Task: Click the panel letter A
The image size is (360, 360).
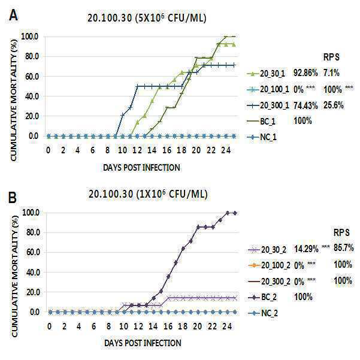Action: pyautogui.click(x=13, y=16)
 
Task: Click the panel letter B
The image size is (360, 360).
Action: pyautogui.click(x=13, y=198)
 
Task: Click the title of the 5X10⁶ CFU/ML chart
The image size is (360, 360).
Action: pyautogui.click(x=147, y=18)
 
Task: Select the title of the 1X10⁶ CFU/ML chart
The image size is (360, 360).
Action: pyautogui.click(x=148, y=194)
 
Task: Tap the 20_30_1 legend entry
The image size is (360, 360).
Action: pyautogui.click(x=266, y=74)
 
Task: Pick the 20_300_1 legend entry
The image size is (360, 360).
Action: pyautogui.click(x=268, y=105)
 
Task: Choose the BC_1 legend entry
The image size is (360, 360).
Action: pyautogui.click(x=261, y=121)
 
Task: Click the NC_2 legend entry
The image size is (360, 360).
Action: pyautogui.click(x=263, y=313)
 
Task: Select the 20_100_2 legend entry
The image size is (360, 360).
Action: pyautogui.click(x=270, y=265)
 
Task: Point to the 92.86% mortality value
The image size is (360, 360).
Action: pyautogui.click(x=305, y=73)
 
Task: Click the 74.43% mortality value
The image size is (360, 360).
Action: pyautogui.click(x=305, y=105)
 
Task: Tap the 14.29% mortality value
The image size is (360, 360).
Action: pyautogui.click(x=306, y=249)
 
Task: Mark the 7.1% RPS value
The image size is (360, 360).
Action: pyautogui.click(x=331, y=73)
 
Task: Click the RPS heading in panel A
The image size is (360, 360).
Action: pyautogui.click(x=331, y=57)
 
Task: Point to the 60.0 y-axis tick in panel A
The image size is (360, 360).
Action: pyautogui.click(x=32, y=77)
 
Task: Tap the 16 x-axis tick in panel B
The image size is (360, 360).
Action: pyautogui.click(x=168, y=326)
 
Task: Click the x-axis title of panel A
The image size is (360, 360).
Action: pyautogui.click(x=141, y=168)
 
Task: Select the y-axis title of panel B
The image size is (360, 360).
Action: pyautogui.click(x=14, y=276)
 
